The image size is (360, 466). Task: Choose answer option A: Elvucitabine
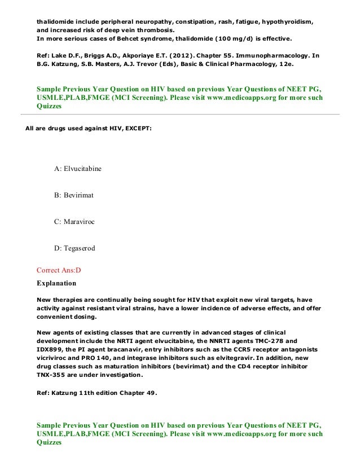77,169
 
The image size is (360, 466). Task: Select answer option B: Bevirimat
73,195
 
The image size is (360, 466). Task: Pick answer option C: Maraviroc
74,222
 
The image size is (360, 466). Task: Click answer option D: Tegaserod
74,248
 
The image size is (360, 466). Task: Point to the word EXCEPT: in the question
135,129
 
